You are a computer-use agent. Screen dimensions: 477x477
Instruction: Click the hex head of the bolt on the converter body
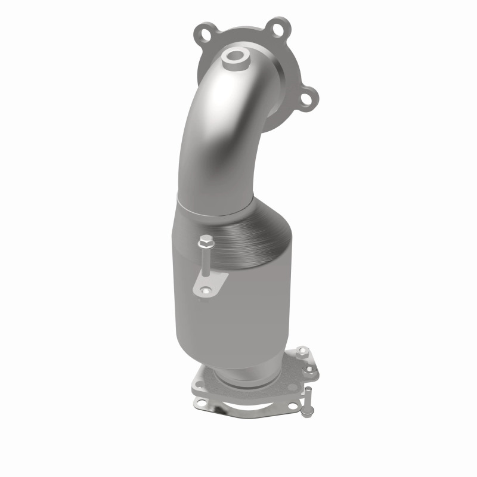pyautogui.click(x=206, y=243)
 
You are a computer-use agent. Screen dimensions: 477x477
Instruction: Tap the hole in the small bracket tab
pyautogui.click(x=206, y=292)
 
